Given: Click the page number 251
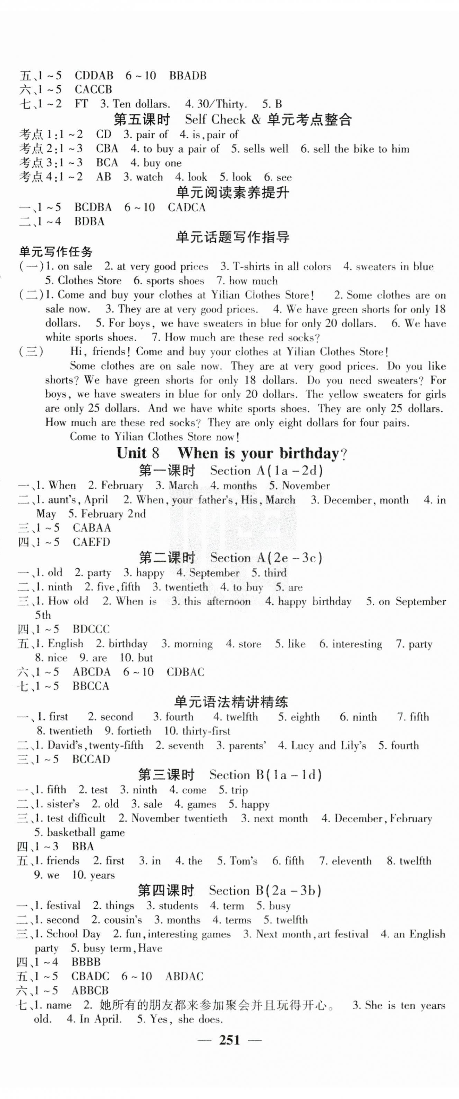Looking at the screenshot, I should (229, 1040).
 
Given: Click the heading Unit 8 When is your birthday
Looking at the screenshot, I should (232, 453).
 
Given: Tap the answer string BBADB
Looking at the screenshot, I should (188, 76).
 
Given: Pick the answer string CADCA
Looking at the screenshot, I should (187, 208).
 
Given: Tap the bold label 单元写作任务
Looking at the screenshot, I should (56, 252).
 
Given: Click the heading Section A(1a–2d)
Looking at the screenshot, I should (266, 471).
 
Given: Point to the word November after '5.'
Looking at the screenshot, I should (306, 486).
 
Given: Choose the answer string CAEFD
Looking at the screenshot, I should (91, 542).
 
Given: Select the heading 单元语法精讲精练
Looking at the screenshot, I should (231, 702).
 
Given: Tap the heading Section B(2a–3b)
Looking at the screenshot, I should (265, 890).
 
